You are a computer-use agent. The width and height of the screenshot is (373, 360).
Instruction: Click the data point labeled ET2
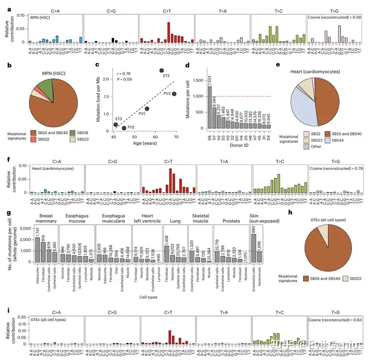(x=162, y=70)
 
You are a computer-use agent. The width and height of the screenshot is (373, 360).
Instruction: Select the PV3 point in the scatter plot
(x=175, y=94)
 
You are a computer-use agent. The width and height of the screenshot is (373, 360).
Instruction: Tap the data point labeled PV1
(x=147, y=109)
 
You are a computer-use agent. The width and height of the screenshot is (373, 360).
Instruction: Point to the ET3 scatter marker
(x=116, y=124)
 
